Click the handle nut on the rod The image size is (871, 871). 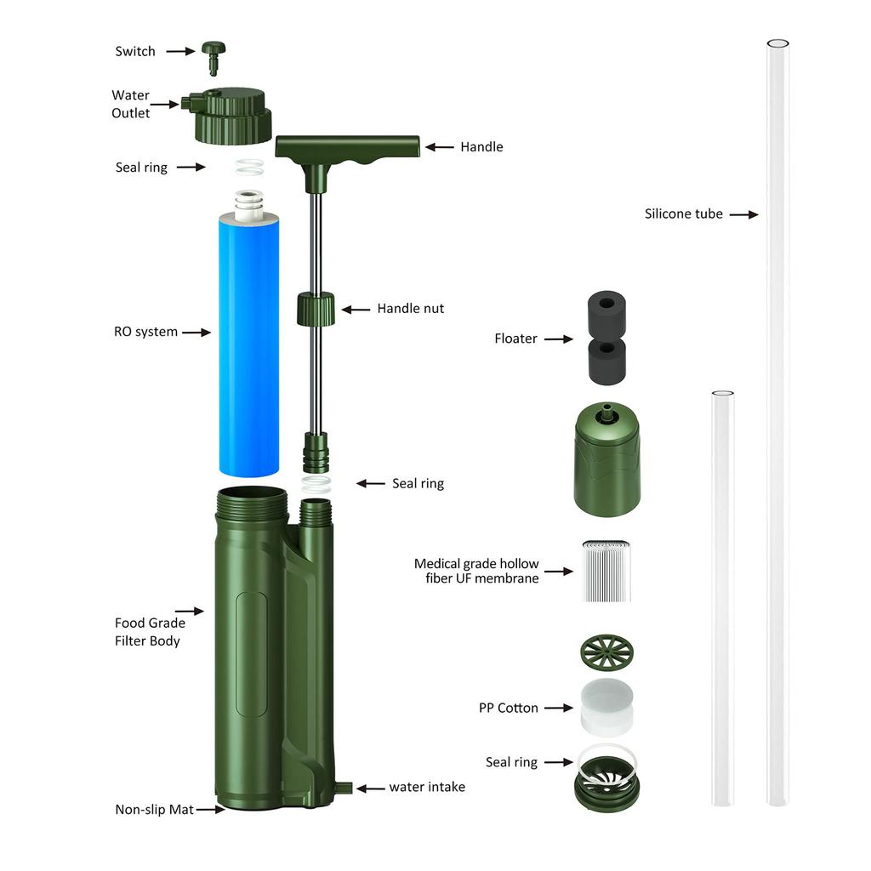click(x=315, y=308)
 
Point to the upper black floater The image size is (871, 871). click(x=606, y=311)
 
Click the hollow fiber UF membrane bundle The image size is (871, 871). click(x=606, y=571)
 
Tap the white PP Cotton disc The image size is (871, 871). click(x=606, y=706)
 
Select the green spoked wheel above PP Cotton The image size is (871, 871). click(x=606, y=652)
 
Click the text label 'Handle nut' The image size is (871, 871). click(x=410, y=309)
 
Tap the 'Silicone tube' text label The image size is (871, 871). click(x=684, y=214)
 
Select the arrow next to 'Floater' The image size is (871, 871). click(x=559, y=339)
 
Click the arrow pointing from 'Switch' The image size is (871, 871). click(x=180, y=52)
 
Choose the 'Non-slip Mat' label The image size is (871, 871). click(x=154, y=810)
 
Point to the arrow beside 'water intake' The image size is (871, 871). click(x=370, y=788)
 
